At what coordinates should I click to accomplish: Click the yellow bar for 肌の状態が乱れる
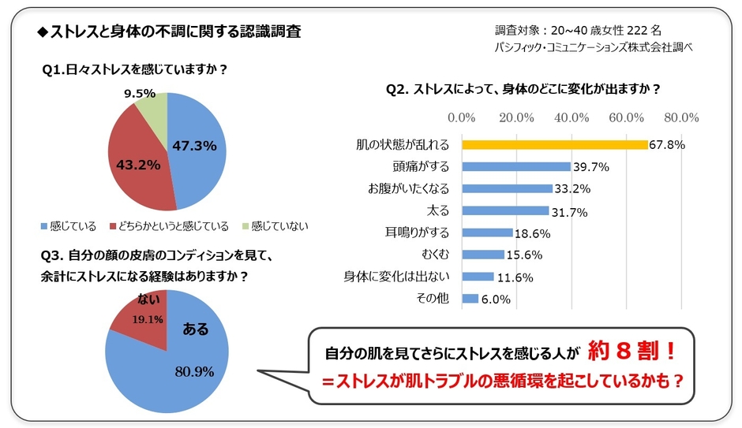click(x=554, y=144)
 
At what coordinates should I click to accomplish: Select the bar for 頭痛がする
click(x=515, y=166)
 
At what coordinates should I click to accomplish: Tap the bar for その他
click(x=470, y=299)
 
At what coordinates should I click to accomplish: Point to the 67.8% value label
click(x=666, y=145)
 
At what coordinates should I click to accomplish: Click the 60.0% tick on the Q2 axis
click(x=627, y=117)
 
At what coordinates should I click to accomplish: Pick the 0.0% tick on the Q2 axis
click(x=461, y=117)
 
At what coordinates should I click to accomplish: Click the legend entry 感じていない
click(x=274, y=226)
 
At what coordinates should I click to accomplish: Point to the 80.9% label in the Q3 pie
click(x=194, y=371)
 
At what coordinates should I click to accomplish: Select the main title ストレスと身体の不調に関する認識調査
click(x=168, y=32)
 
